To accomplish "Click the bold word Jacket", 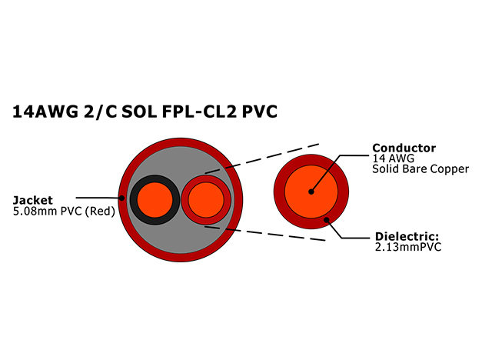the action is (x=33, y=201).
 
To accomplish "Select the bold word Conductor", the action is (x=404, y=148).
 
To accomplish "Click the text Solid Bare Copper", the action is (x=421, y=169).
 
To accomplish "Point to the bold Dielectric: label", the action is (x=407, y=237).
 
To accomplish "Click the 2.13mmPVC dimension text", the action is (x=408, y=247).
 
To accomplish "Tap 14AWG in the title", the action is (x=45, y=112).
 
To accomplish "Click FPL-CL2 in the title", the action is (x=199, y=112).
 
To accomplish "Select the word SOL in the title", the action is (x=139, y=112).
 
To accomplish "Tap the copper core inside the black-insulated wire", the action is (x=155, y=200).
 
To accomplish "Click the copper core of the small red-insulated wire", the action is (x=206, y=200).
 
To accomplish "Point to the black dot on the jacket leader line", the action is (x=121, y=198).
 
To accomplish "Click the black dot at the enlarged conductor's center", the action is (x=311, y=192).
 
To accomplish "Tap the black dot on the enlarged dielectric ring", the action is (x=327, y=220).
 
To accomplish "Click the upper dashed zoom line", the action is (x=262, y=158).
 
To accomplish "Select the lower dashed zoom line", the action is (x=265, y=233).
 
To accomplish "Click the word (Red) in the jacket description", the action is (x=100, y=212).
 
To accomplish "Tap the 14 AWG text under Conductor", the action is (x=394, y=158).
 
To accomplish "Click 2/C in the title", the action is (x=100, y=112).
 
